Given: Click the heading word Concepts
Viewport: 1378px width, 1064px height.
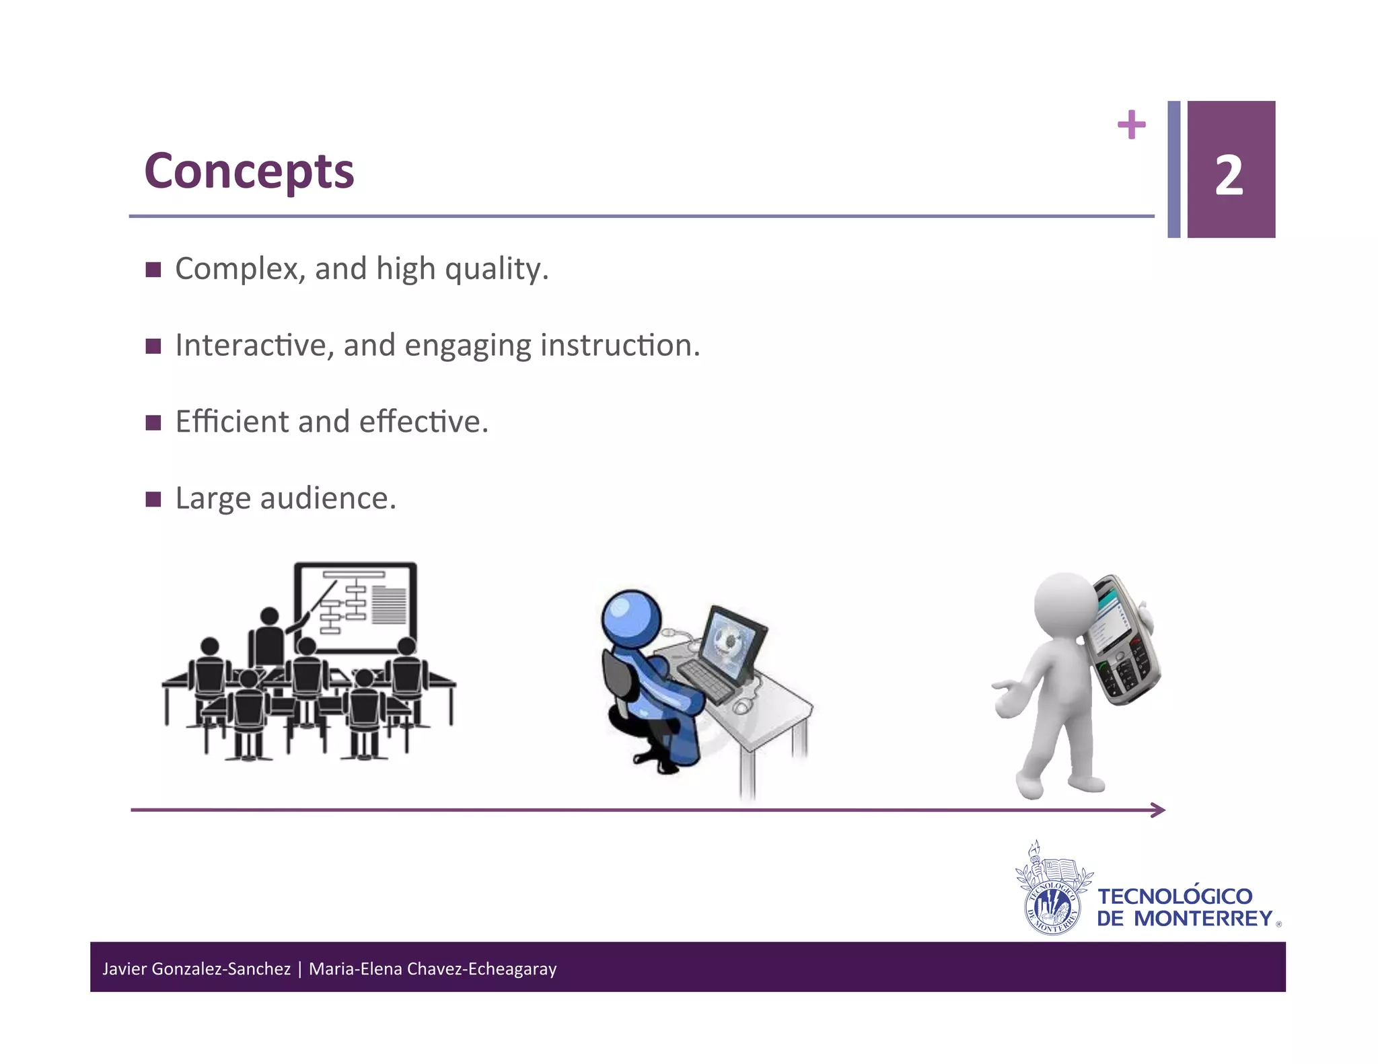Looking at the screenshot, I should (x=249, y=172).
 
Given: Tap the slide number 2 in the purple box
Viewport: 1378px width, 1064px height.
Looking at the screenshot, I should (x=1229, y=176).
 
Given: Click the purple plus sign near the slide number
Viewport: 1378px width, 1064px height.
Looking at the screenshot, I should (x=1131, y=124).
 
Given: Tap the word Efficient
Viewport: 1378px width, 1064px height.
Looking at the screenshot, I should (x=232, y=422).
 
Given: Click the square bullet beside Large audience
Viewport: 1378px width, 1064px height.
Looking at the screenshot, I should (x=153, y=499).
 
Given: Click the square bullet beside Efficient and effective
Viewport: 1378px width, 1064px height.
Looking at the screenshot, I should (x=153, y=422).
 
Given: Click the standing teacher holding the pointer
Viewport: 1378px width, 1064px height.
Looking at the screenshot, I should (x=269, y=639).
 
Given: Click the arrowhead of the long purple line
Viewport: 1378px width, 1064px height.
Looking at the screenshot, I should (x=1159, y=810).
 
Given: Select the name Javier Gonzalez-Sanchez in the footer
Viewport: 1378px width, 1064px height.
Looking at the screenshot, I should (x=196, y=968).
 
